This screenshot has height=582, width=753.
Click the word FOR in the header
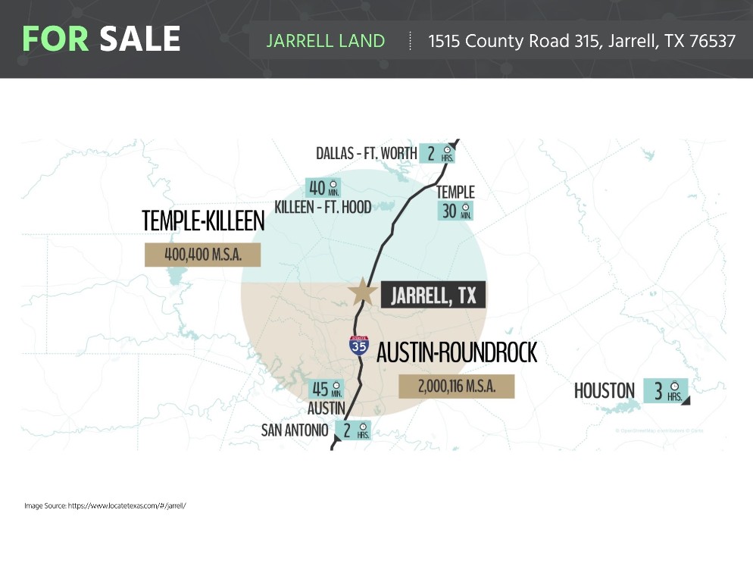click(x=56, y=39)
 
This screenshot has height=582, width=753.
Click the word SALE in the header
click(x=140, y=39)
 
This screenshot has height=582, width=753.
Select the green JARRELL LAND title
click(x=326, y=41)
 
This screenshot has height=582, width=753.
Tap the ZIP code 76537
click(x=712, y=41)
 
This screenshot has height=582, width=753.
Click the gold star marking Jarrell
click(x=363, y=292)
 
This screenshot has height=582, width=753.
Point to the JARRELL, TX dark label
click(x=433, y=295)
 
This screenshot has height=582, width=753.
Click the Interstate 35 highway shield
click(x=359, y=345)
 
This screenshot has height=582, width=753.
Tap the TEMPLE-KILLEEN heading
click(x=203, y=221)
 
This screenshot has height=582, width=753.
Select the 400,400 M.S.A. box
click(x=203, y=255)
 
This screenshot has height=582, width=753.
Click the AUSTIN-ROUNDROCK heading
click(x=457, y=352)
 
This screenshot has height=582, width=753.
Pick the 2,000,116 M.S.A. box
click(x=457, y=386)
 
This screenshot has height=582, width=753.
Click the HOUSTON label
click(x=604, y=391)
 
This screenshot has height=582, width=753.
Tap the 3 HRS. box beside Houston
click(x=667, y=391)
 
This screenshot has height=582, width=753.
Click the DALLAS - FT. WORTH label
click(x=367, y=154)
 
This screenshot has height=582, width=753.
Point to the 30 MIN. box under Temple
click(x=456, y=211)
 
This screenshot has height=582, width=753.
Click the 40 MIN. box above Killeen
click(x=323, y=187)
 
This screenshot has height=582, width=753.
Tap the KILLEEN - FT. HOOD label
click(x=323, y=206)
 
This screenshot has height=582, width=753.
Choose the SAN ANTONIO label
click(x=295, y=430)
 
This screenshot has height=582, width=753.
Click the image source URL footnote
click(x=105, y=505)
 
